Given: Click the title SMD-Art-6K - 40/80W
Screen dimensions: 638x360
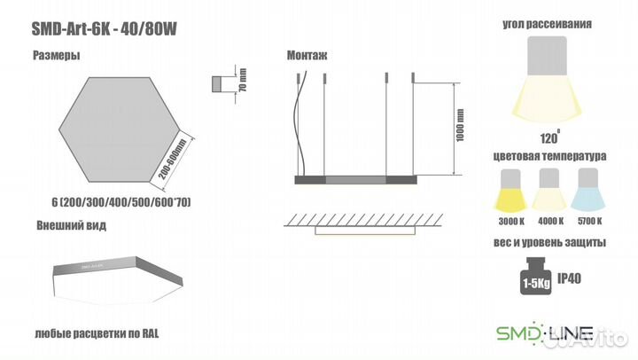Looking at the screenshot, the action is [x=105, y=29].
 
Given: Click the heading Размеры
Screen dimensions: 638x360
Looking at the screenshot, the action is [x=56, y=55].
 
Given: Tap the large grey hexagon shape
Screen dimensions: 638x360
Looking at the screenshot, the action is [x=120, y=129].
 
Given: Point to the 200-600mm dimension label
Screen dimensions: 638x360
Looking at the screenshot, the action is [x=172, y=160].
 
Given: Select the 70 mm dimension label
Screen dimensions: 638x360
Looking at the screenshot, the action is [x=243, y=80].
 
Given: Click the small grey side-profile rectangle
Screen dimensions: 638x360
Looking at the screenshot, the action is [x=217, y=84].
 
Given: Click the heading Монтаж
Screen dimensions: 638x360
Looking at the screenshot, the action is [x=307, y=55].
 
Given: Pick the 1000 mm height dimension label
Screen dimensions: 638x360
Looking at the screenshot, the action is [x=460, y=125].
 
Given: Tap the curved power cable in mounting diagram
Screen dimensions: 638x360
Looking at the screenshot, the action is [x=300, y=123].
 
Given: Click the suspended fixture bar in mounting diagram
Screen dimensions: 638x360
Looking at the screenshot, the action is [x=355, y=180].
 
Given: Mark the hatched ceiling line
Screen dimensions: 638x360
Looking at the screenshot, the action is [x=364, y=220].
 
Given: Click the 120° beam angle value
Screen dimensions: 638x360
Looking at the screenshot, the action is [x=549, y=137].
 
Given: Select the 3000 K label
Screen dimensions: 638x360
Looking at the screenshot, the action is [x=511, y=222].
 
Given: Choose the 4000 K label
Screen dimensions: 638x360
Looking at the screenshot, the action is [x=550, y=221].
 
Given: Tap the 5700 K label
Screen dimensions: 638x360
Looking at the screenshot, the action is [x=589, y=221].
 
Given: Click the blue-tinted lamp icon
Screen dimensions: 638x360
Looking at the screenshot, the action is [x=587, y=190].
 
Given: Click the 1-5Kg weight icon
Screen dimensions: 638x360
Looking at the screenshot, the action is [x=536, y=276].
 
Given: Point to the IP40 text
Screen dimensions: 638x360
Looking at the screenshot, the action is [x=569, y=278].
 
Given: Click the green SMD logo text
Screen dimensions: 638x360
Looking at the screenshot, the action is [x=518, y=333].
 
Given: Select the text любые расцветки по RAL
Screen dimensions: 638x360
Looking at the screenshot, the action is [x=97, y=334].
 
